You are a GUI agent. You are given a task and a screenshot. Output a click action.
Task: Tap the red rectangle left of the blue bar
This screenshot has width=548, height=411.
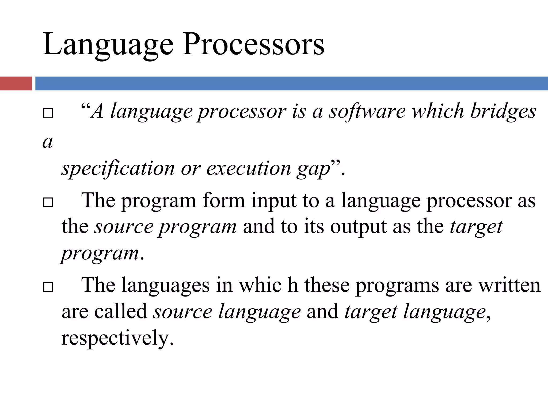16,83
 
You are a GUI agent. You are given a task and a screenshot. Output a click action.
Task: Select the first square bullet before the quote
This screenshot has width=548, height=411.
48,113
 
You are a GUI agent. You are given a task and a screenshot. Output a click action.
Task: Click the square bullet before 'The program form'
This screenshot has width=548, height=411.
48,202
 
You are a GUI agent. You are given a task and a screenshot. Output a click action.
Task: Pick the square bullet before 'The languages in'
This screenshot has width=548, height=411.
48,287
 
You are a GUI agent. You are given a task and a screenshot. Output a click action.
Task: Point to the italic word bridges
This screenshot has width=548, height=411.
503,111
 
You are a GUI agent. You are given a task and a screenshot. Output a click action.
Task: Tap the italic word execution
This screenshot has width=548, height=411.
249,169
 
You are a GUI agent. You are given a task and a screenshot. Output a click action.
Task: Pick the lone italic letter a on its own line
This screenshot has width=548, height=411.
48,142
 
